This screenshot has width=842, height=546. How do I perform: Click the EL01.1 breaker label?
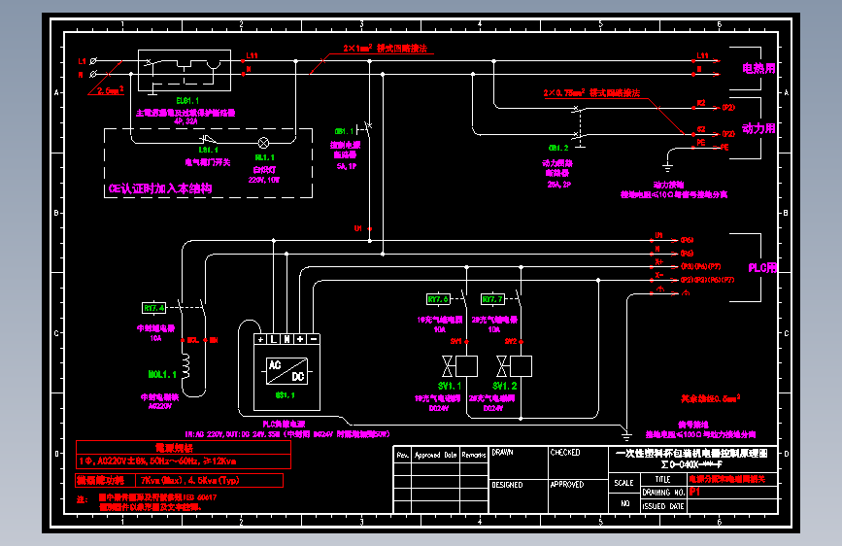(x=187, y=100)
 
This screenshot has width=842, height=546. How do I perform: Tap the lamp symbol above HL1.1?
(x=262, y=142)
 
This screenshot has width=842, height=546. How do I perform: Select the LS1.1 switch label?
(x=208, y=150)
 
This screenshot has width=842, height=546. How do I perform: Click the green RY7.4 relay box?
(x=155, y=307)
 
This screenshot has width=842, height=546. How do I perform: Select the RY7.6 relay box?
(x=438, y=298)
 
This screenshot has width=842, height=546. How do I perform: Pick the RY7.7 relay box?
(x=492, y=298)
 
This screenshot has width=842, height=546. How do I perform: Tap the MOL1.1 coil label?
(x=160, y=373)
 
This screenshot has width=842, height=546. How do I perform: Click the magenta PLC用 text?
(x=761, y=267)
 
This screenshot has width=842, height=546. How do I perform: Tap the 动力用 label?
(x=758, y=128)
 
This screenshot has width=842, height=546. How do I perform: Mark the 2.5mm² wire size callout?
(x=111, y=90)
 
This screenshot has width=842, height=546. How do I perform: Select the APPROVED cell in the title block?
(x=567, y=483)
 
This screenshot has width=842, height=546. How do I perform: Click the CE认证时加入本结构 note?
(x=160, y=188)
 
